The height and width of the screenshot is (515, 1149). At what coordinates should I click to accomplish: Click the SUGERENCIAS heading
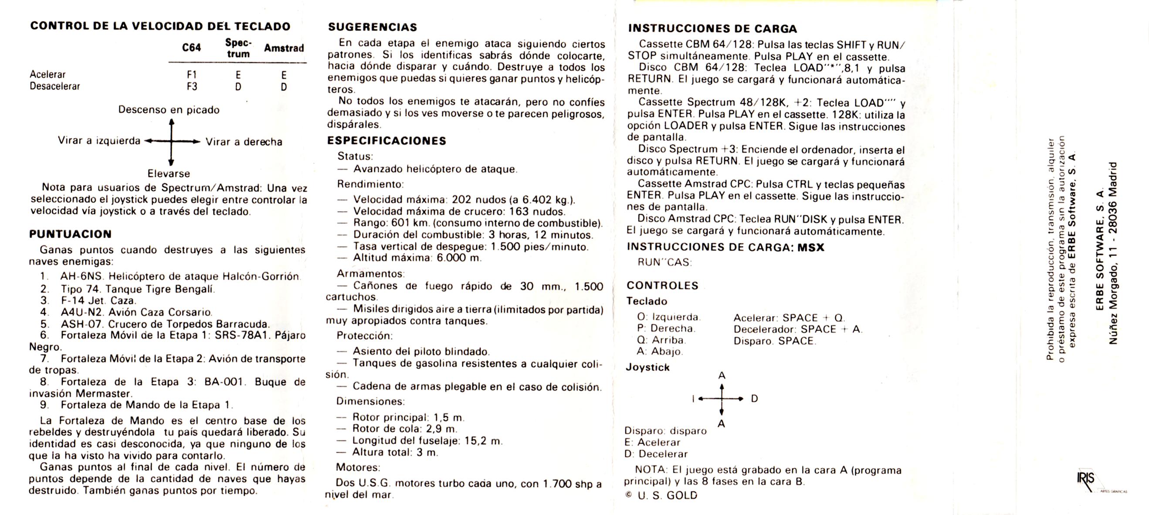pyautogui.click(x=373, y=27)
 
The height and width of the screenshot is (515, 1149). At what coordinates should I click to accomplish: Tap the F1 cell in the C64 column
pyautogui.click(x=192, y=75)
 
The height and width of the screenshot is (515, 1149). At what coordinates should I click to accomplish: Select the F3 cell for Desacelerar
pyautogui.click(x=192, y=86)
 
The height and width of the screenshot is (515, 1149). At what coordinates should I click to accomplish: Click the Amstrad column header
pyautogui.click(x=284, y=48)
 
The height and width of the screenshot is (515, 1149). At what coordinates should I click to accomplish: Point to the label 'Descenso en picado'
pyautogui.click(x=169, y=110)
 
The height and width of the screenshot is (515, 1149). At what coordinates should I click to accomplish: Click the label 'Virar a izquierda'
pyautogui.click(x=99, y=140)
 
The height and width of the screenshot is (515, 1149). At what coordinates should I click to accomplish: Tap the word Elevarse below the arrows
pyautogui.click(x=169, y=174)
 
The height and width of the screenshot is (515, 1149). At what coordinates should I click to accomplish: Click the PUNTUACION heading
pyautogui.click(x=71, y=234)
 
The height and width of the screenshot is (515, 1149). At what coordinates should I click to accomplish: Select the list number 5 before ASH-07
pyautogui.click(x=44, y=324)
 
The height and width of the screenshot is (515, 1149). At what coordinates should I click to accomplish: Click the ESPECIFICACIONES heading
pyautogui.click(x=386, y=141)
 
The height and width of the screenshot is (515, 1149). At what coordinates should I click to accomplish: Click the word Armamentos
pyautogui.click(x=370, y=273)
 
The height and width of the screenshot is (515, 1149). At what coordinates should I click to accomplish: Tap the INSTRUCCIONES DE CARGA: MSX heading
pyautogui.click(x=725, y=247)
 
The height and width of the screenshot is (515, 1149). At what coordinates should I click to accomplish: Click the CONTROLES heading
pyautogui.click(x=662, y=286)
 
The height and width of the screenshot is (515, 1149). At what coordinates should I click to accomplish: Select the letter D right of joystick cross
pyautogui.click(x=754, y=399)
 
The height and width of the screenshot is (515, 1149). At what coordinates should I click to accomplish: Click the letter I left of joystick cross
pyautogui.click(x=693, y=399)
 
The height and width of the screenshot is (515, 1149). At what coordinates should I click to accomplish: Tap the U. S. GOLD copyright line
pyautogui.click(x=662, y=495)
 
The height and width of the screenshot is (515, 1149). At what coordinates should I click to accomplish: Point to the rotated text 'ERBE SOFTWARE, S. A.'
pyautogui.click(x=1099, y=249)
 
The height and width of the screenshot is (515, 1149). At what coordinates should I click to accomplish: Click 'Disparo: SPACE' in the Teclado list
pyautogui.click(x=774, y=341)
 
